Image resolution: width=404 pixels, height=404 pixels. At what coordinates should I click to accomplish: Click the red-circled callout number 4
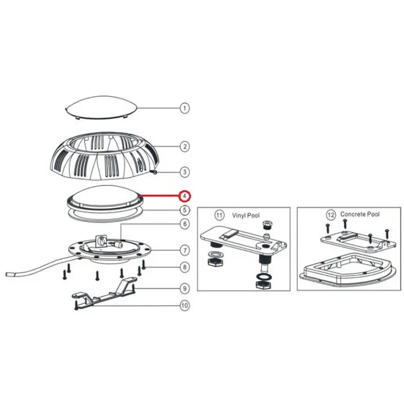tap(185, 196)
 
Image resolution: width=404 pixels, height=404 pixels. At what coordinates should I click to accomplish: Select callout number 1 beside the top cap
tap(184, 108)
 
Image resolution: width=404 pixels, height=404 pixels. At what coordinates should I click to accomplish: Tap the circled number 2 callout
tap(185, 146)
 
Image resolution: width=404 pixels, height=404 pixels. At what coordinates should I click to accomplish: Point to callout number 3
tap(185, 172)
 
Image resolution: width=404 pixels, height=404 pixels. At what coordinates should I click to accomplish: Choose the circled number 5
tap(185, 210)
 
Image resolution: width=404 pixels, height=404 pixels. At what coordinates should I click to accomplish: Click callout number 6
tap(185, 224)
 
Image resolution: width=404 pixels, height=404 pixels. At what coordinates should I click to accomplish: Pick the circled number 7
tap(185, 250)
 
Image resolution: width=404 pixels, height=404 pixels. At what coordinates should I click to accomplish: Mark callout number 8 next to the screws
tap(185, 267)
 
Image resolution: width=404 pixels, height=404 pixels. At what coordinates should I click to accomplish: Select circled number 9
tap(185, 288)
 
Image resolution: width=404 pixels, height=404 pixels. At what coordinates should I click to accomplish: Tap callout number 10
tap(185, 306)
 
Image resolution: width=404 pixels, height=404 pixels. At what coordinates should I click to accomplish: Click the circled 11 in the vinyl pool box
tap(219, 215)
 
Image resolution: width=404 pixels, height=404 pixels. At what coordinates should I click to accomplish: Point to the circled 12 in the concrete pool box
tap(331, 214)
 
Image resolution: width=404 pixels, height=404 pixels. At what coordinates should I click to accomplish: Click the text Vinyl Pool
tap(246, 216)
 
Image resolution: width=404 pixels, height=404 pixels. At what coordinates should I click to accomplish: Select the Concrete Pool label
tap(360, 214)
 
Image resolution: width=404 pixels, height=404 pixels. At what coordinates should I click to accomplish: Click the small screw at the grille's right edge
tap(155, 172)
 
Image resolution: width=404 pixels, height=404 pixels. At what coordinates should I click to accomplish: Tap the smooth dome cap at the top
tap(101, 108)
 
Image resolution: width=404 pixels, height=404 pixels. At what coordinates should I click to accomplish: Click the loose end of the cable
tap(7, 274)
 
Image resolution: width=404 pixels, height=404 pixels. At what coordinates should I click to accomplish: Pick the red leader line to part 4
tap(160, 196)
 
